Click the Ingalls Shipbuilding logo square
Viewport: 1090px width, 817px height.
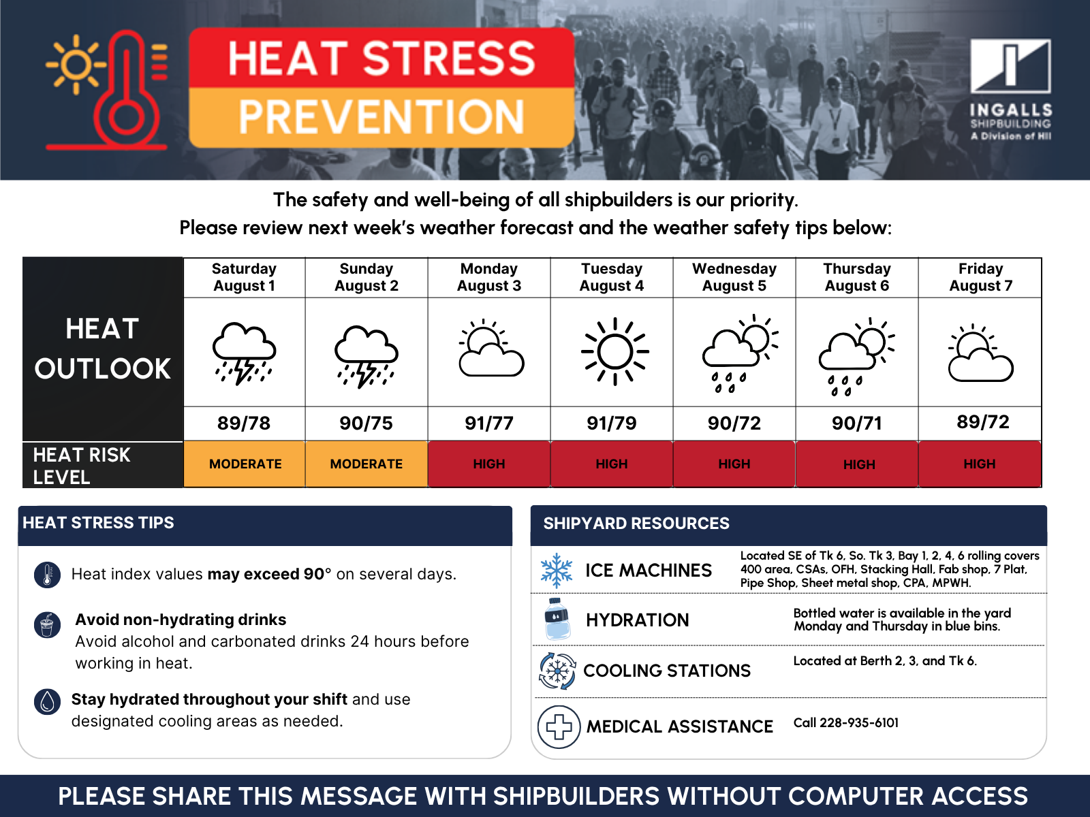pyautogui.click(x=1010, y=66)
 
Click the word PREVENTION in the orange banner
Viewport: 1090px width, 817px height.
pyautogui.click(x=381, y=117)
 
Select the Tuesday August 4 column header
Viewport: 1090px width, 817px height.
pyautogui.click(x=611, y=277)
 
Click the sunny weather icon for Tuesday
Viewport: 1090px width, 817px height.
pyautogui.click(x=614, y=351)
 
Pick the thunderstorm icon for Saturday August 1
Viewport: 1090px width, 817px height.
pyautogui.click(x=244, y=353)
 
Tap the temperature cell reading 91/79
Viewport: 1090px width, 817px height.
pyautogui.click(x=611, y=423)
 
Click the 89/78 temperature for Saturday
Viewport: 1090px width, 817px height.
pyautogui.click(x=244, y=423)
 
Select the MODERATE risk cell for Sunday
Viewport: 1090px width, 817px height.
pyautogui.click(x=367, y=464)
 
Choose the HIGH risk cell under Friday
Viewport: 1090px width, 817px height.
pyautogui.click(x=980, y=464)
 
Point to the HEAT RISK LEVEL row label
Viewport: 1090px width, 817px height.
pyautogui.click(x=82, y=466)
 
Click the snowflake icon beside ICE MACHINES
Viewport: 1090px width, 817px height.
pyautogui.click(x=556, y=571)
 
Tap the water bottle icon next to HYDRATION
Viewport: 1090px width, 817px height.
pyautogui.click(x=557, y=619)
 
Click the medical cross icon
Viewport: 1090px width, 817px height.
pyautogui.click(x=559, y=726)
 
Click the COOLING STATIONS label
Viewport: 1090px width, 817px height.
pyautogui.click(x=667, y=671)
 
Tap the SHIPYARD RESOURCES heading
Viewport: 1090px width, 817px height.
pyautogui.click(x=636, y=524)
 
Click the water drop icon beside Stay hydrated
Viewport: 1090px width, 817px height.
pyautogui.click(x=47, y=701)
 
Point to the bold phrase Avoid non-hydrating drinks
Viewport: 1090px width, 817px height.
pyautogui.click(x=181, y=620)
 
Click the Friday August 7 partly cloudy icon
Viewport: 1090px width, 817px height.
pyautogui.click(x=980, y=353)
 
